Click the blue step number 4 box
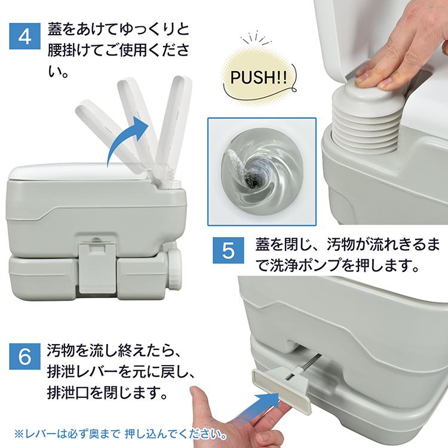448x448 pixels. (25, 37)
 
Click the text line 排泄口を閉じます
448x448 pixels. (105, 394)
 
